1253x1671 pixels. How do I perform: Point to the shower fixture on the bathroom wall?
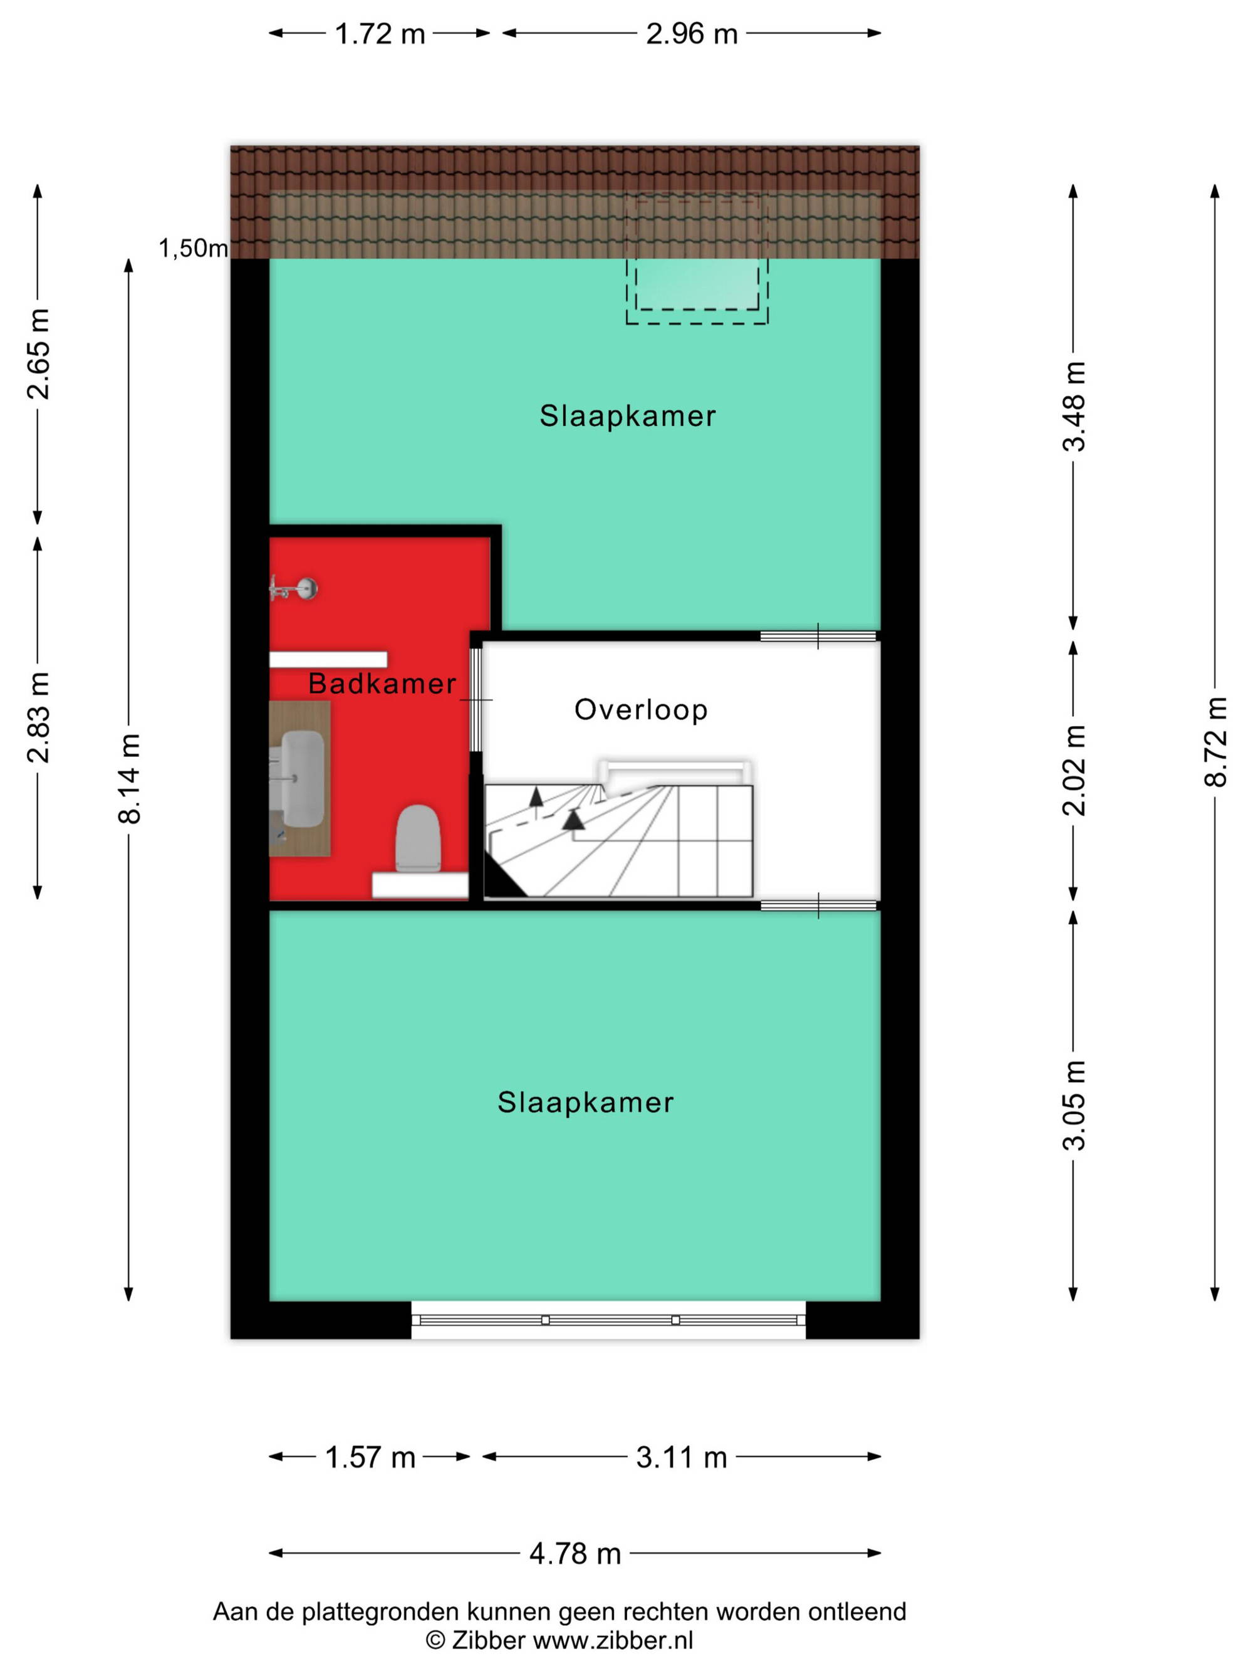click(x=294, y=588)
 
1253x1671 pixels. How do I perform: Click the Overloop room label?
click(x=640, y=710)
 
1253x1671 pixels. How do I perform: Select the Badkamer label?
click(x=382, y=684)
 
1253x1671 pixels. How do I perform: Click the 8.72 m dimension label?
click(x=1215, y=742)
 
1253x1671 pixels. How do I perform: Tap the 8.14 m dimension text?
click(x=129, y=778)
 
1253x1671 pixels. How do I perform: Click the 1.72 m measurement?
click(x=380, y=34)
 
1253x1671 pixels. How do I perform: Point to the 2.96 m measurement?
click(x=692, y=34)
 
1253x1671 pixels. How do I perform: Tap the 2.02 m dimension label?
click(x=1074, y=771)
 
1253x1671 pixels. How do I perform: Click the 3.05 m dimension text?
click(x=1074, y=1105)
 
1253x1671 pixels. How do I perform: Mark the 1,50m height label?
click(x=194, y=247)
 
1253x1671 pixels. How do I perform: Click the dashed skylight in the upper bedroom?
click(x=697, y=259)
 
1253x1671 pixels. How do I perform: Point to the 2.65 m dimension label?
click(x=38, y=353)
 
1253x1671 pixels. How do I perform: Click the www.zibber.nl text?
click(x=613, y=1640)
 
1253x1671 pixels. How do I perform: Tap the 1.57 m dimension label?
click(x=370, y=1457)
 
